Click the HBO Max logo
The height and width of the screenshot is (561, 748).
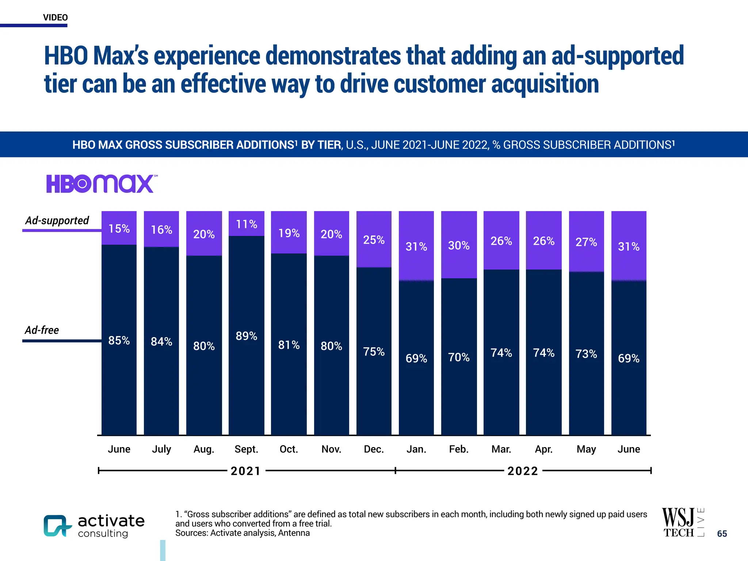101,183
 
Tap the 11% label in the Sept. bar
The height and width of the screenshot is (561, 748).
246,224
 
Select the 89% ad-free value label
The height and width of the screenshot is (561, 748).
246,336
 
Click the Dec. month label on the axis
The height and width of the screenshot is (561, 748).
374,449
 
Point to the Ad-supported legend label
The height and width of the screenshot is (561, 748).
57,220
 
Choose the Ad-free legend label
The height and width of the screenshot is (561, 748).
42,330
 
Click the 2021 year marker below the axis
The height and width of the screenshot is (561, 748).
246,471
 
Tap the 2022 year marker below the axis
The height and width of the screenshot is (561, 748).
523,471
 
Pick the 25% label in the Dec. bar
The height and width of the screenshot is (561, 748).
374,240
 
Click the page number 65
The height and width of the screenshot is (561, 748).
722,534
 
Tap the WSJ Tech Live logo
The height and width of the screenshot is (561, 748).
682,522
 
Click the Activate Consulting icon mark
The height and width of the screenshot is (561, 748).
57,526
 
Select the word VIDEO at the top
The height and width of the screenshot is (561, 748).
55,18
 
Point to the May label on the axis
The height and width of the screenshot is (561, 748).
586,449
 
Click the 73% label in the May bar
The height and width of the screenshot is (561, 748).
586,354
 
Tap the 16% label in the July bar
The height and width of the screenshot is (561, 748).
161,229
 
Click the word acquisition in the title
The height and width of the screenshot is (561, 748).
545,84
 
